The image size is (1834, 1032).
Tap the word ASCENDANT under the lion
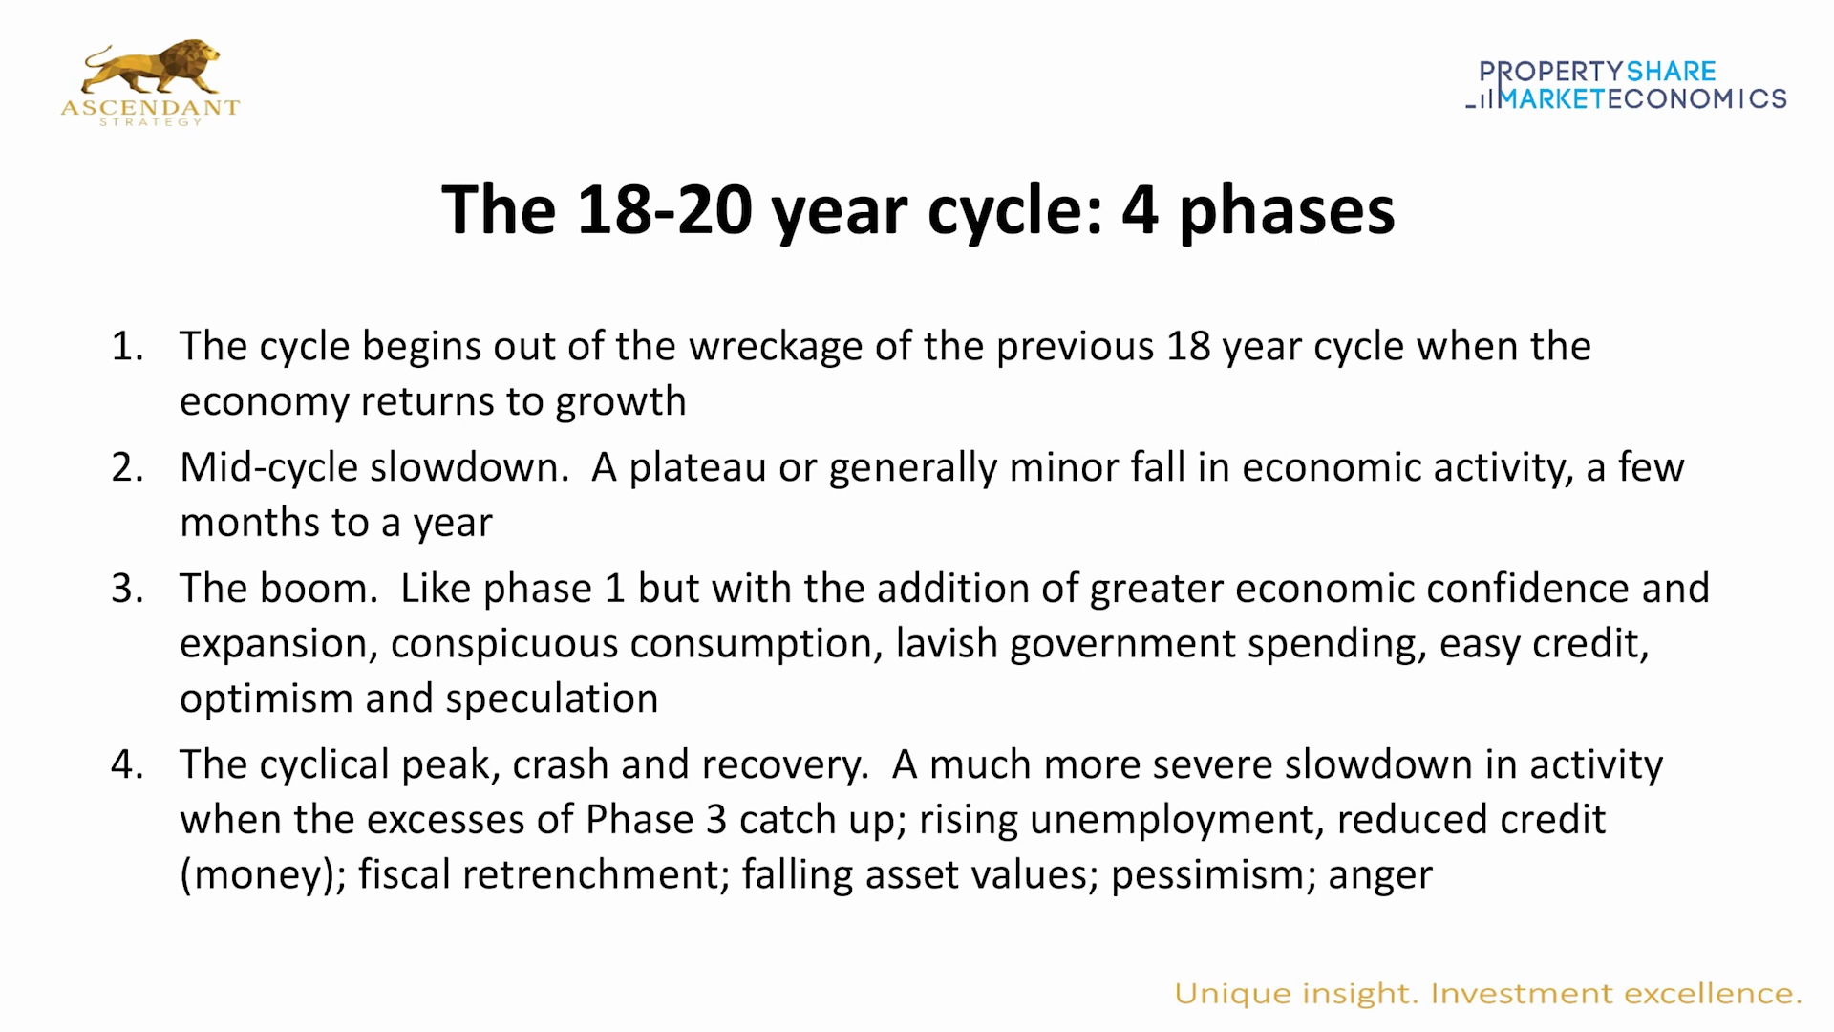[150, 108]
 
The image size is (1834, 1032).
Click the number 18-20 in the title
[665, 210]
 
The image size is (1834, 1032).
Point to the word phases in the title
[1287, 210]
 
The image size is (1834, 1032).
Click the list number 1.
[126, 346]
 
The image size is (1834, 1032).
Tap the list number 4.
[126, 764]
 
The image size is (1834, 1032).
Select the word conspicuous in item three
[504, 644]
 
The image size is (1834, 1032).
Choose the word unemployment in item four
[1176, 820]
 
